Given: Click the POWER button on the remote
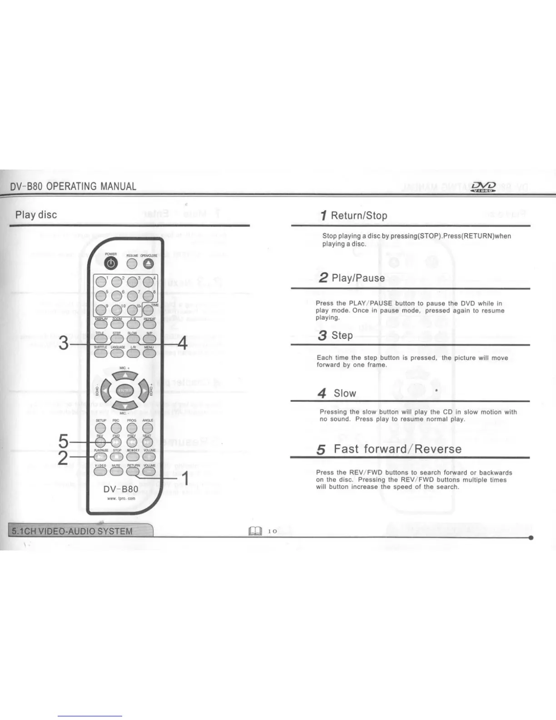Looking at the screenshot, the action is tap(111, 263).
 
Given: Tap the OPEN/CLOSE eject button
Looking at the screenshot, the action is tap(148, 264).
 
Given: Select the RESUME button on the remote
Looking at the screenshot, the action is tap(132, 264).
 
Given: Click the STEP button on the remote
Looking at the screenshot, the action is tap(117, 339).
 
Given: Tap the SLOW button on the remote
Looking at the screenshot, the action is tap(132, 339).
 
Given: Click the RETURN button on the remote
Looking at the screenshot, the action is tap(133, 471).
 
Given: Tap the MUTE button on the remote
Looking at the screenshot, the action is tap(116, 471).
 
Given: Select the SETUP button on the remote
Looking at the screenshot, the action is tap(100, 428).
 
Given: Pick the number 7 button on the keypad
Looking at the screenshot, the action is tap(132, 296).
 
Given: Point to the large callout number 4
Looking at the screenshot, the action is tap(182, 343).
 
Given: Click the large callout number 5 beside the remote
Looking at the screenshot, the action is tap(64, 441).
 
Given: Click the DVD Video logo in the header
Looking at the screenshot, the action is tap(483, 187).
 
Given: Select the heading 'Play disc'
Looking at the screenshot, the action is tap(36, 215).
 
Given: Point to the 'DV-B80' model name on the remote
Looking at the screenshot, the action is tap(121, 489).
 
